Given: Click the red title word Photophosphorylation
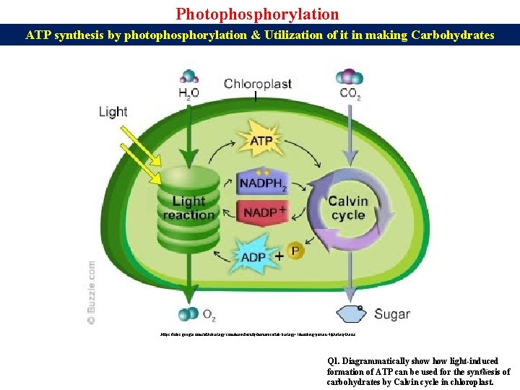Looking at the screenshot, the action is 257,14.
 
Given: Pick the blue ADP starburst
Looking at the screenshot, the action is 254,254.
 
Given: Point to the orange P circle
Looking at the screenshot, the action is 295,251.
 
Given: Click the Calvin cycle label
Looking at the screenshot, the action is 348,208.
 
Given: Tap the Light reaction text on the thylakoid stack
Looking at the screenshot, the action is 188,208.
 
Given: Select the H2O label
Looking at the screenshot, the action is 189,93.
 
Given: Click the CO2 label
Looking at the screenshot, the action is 350,93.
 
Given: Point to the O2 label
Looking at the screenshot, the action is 209,314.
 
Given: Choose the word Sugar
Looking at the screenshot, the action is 392,314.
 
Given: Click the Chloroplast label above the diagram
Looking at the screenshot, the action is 257,84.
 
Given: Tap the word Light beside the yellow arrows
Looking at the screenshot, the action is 113,111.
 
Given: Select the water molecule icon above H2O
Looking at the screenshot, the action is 189,76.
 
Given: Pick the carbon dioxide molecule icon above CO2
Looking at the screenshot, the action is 351,76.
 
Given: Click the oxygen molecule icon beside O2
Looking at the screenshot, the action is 188,314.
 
